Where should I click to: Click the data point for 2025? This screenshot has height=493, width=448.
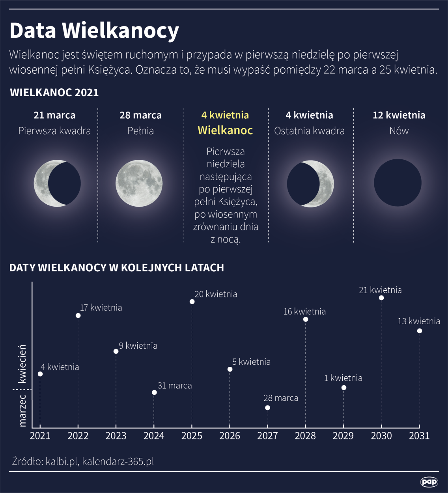pyautogui.click(x=192, y=302)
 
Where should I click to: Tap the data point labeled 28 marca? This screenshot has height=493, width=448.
pyautogui.click(x=268, y=408)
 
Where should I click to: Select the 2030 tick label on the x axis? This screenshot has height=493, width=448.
pyautogui.click(x=381, y=436)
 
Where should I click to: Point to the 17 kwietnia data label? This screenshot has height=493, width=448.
pyautogui.click(x=101, y=308)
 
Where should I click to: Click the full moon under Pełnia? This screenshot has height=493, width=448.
pyautogui.click(x=139, y=183)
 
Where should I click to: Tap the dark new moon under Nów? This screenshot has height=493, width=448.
pyautogui.click(x=398, y=183)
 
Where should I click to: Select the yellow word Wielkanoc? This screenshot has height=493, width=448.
pyautogui.click(x=225, y=131)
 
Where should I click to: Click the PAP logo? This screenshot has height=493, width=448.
pyautogui.click(x=429, y=482)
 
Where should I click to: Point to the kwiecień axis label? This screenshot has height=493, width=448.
pyautogui.click(x=22, y=364)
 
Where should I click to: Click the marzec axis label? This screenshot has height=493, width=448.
pyautogui.click(x=22, y=411)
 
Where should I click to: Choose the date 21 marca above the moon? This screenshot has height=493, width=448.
pyautogui.click(x=54, y=115)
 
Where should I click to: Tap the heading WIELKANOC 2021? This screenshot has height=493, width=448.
pyautogui.click(x=54, y=93)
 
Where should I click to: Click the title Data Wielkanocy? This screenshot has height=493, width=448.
pyautogui.click(x=94, y=31)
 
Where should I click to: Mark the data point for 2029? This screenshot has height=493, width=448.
pyautogui.click(x=344, y=388)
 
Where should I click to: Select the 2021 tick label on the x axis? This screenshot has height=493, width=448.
pyautogui.click(x=40, y=436)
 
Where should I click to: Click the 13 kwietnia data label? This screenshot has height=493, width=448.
pyautogui.click(x=419, y=321)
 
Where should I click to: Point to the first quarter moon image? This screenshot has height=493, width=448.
pyautogui.click(x=57, y=183)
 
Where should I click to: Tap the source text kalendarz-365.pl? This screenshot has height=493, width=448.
pyautogui.click(x=118, y=461)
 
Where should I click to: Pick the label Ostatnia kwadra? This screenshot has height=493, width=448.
pyautogui.click(x=310, y=131)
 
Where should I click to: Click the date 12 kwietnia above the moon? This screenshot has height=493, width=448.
pyautogui.click(x=399, y=115)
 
